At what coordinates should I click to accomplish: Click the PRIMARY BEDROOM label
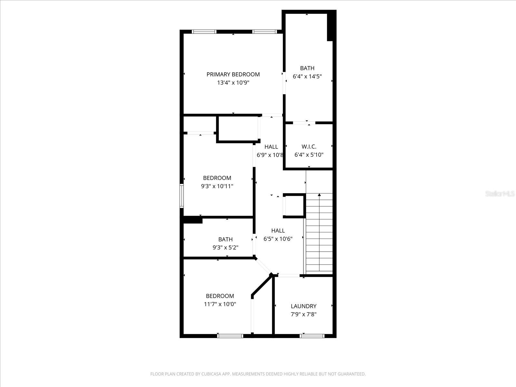(233, 74)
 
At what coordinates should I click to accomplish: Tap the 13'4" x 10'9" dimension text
(233, 83)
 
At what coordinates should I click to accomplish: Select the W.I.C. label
(309, 147)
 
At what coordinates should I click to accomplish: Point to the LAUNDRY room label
(303, 306)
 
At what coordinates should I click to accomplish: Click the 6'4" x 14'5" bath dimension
(307, 76)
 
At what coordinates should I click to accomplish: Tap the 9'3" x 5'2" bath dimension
(225, 248)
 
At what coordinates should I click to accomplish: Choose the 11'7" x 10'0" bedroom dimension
(220, 304)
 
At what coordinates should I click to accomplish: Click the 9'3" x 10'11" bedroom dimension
(217, 186)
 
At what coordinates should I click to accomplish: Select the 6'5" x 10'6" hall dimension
(278, 239)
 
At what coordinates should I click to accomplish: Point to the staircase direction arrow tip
(319, 194)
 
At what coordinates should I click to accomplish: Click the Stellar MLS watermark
(500, 194)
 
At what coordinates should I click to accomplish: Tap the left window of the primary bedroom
(204, 32)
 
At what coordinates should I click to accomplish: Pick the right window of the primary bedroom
(264, 32)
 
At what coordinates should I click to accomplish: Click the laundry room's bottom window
(312, 336)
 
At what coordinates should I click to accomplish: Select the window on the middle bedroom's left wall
(182, 195)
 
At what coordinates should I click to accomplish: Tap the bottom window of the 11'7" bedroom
(230, 336)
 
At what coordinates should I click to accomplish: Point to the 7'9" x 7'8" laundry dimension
(303, 314)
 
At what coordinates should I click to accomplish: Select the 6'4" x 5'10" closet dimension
(309, 155)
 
